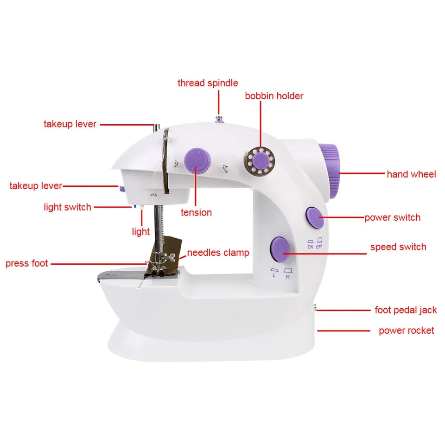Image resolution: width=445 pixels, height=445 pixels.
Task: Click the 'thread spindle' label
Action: click(208, 83)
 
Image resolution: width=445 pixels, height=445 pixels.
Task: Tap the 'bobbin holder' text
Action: click(274, 96)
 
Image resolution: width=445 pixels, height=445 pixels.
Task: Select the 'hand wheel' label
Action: click(411, 174)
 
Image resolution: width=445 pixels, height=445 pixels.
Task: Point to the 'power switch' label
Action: click(392, 218)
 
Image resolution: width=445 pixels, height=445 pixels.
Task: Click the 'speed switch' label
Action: click(398, 247)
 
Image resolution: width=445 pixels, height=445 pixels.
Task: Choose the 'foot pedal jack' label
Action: click(406, 310)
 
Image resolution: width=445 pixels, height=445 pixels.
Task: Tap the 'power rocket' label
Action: click(406, 331)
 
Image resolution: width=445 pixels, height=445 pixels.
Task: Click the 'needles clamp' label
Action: click(218, 253)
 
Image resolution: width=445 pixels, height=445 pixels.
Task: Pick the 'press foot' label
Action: click(27, 264)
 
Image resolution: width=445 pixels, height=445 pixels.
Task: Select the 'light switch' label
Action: click(67, 208)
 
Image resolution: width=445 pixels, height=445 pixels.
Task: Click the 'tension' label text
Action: click(196, 213)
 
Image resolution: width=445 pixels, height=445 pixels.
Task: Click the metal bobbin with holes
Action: click(260, 161)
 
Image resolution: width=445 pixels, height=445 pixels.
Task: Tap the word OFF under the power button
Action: click(319, 247)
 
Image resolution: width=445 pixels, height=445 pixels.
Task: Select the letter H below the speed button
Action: click(288, 277)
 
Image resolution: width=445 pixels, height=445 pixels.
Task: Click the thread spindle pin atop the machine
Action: click(218, 119)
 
